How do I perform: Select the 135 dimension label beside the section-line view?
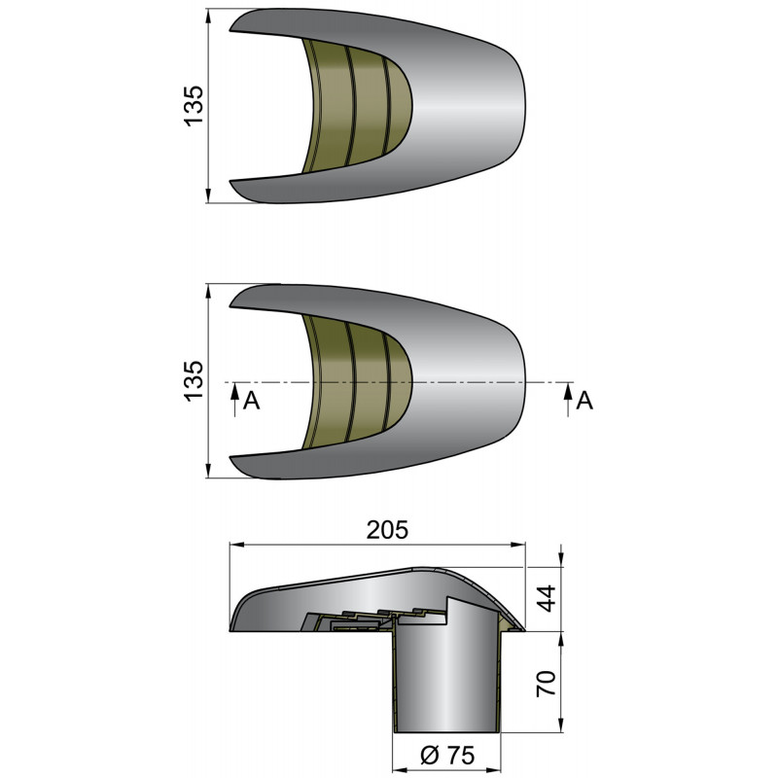194,380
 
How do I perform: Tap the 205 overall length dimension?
388,530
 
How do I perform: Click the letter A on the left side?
251,401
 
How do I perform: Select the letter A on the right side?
584,401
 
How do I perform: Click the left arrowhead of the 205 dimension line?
233,548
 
